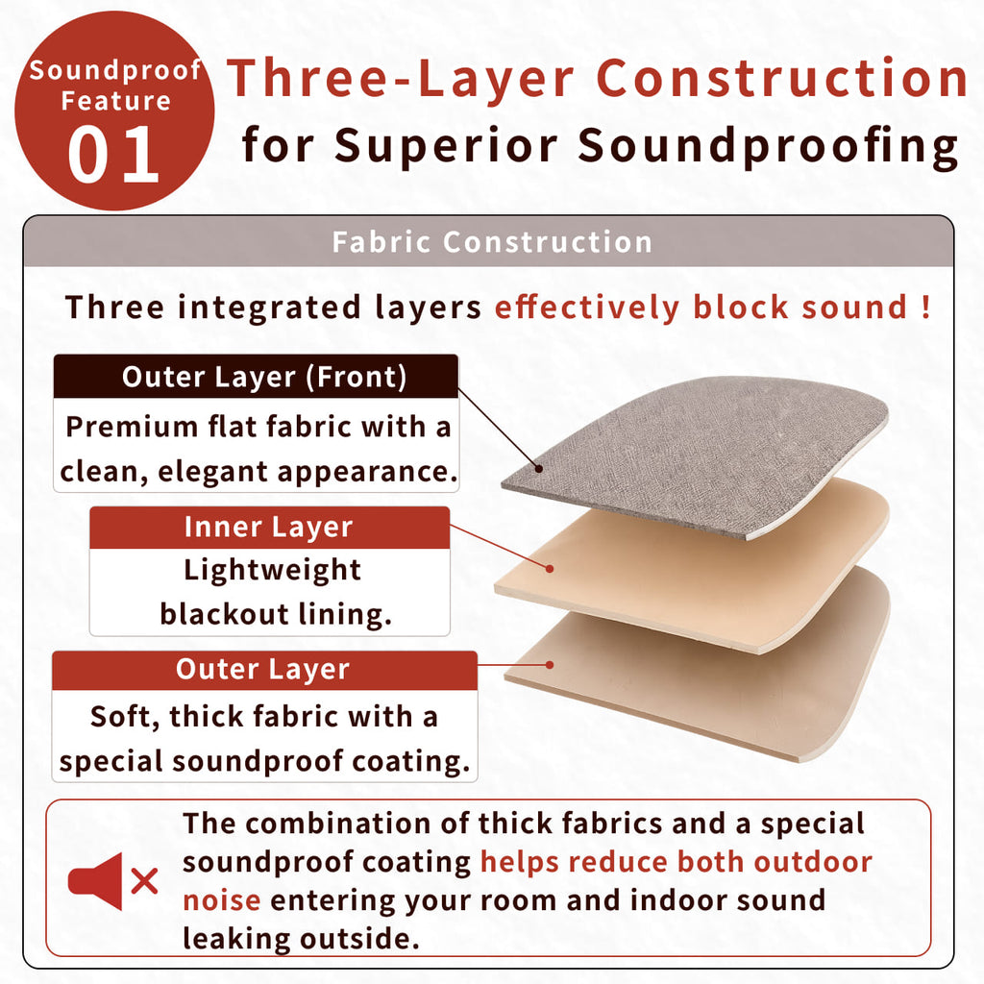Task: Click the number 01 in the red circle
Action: [113, 155]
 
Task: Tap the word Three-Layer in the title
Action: [401, 79]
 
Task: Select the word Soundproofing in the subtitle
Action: [768, 146]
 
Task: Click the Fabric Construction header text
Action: [492, 241]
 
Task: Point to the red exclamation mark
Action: [925, 307]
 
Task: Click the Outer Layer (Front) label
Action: [264, 377]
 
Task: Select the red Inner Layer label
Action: [269, 528]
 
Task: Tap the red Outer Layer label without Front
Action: [262, 669]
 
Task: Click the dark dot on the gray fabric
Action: [539, 469]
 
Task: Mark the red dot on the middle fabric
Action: [550, 569]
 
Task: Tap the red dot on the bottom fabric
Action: [550, 665]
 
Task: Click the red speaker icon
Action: [95, 881]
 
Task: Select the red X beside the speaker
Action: [144, 881]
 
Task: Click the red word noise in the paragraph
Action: [222, 901]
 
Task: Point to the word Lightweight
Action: [272, 571]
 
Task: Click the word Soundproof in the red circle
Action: [115, 71]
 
